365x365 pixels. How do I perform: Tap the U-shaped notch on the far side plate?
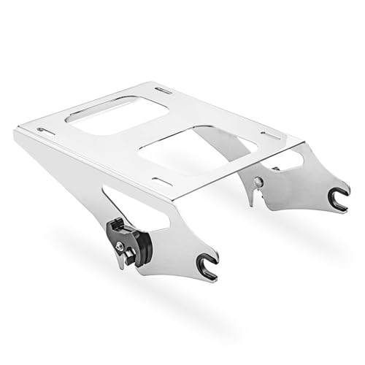338,199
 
